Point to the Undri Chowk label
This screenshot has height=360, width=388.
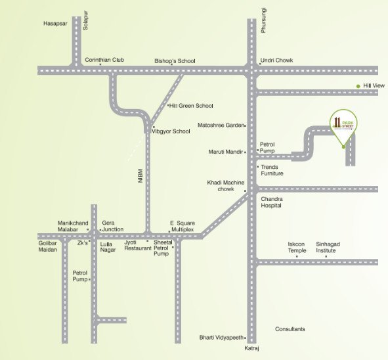276,60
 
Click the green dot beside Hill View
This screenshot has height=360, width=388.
358,86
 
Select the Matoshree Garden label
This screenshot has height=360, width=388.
221,125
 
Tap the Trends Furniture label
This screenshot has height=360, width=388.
272,170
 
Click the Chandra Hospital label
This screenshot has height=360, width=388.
271,202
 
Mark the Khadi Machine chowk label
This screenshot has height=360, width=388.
226,185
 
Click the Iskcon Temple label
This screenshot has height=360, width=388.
297,247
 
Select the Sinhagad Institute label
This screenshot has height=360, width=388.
330,247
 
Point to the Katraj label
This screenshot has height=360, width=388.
252,348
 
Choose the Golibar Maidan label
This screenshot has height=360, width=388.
49,246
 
